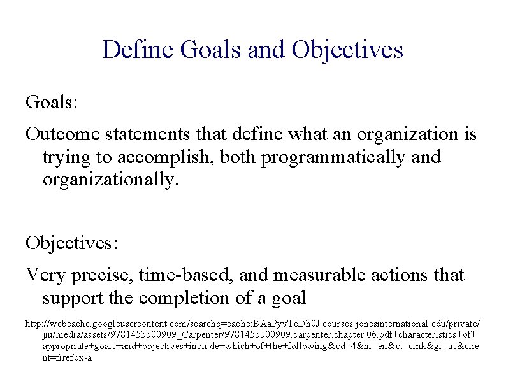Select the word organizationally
107,180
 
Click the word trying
63,157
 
